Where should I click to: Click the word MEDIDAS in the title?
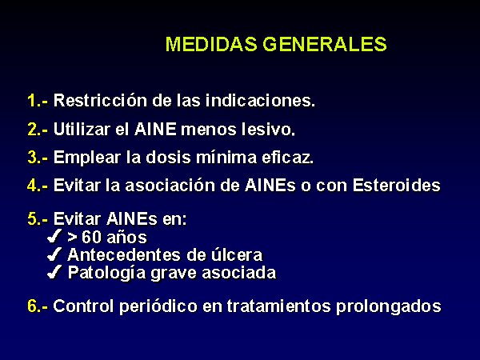pos(211,44)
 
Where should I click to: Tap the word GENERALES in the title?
pos(325,44)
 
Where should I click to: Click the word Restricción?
pos(100,100)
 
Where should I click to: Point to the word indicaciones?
pos(260,100)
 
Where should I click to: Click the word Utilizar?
pos(82,129)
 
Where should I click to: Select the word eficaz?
pos(287,157)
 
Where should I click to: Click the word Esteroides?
pos(397,186)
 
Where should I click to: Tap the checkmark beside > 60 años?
pos(54,236)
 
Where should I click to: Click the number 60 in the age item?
pos(91,238)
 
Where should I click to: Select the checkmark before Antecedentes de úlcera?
pos(54,254)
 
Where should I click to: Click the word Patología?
pos(106,273)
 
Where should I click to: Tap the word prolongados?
pos(389,306)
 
